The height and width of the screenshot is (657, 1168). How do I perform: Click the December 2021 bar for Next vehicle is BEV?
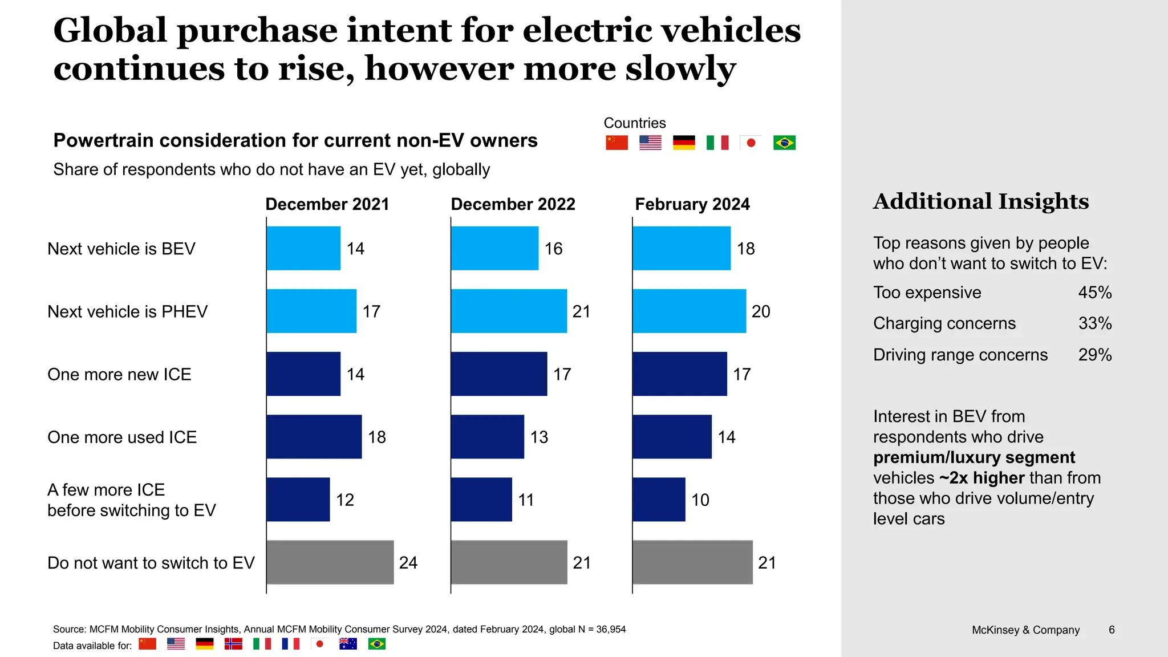[303, 248]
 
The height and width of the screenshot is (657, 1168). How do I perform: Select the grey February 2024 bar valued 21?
[692, 562]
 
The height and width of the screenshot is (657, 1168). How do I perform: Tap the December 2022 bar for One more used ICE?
[487, 437]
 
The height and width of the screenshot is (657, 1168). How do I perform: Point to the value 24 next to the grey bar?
[408, 563]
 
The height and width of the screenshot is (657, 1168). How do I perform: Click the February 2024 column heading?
[692, 204]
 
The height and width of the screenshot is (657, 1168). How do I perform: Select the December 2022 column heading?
[513, 204]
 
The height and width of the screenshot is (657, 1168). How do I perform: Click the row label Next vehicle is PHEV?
[127, 311]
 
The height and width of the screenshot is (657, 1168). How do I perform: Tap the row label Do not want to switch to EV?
[151, 563]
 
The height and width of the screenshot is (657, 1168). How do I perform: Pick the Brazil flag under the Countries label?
[784, 143]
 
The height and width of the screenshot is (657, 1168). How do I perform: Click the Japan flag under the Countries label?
[751, 143]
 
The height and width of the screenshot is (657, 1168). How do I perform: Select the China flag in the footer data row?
[148, 644]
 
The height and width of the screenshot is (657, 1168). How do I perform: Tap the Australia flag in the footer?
[348, 644]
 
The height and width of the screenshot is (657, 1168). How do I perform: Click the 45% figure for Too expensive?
[1094, 293]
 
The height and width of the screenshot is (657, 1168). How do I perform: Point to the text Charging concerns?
[944, 323]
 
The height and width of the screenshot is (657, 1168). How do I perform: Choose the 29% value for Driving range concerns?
[1094, 355]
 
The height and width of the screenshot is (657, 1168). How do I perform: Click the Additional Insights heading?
[981, 201]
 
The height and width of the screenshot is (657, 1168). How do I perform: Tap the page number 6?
[1112, 630]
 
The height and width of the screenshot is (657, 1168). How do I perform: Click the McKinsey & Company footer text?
[1025, 630]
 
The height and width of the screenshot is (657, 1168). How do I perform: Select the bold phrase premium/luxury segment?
[974, 457]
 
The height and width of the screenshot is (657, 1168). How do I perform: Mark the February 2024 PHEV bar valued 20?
[689, 311]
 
